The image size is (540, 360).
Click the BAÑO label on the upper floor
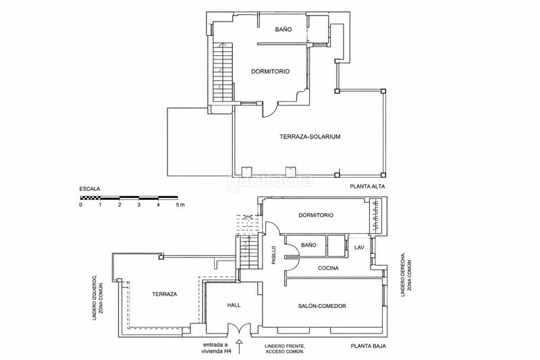[x=283, y=30]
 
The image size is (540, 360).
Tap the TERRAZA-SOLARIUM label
[x=310, y=136]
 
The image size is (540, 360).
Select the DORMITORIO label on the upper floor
[x=271, y=72]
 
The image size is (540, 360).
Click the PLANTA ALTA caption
[x=367, y=186]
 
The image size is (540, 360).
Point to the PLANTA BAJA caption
[x=368, y=346]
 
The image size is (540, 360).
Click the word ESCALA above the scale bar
[x=90, y=189]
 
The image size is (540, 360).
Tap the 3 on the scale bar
[x=139, y=205]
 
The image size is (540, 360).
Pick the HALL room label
[x=234, y=305]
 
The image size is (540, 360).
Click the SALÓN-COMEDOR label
[x=322, y=306]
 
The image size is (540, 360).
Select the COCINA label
[x=328, y=268]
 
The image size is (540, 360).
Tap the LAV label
[x=359, y=247]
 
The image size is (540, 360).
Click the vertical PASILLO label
[x=274, y=255]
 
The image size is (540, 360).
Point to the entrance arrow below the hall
[x=240, y=346]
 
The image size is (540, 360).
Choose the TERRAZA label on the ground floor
[x=165, y=294]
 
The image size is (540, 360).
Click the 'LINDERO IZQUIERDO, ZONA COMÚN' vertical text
[x=98, y=298]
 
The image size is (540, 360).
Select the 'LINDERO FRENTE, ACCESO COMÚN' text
[x=284, y=349]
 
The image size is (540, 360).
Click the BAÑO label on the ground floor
[x=308, y=245]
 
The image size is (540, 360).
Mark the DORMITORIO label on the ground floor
[x=316, y=215]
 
